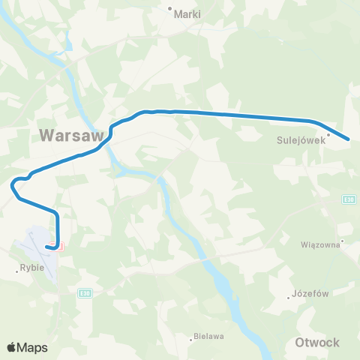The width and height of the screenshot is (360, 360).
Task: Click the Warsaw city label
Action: coord(68,136)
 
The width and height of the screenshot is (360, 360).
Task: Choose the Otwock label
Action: coord(317,343)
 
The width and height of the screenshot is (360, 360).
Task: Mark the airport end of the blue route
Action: coord(48,245)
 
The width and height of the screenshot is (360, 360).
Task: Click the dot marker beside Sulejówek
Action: coord(328,135)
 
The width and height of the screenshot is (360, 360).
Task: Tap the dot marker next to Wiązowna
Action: coord(341,241)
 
